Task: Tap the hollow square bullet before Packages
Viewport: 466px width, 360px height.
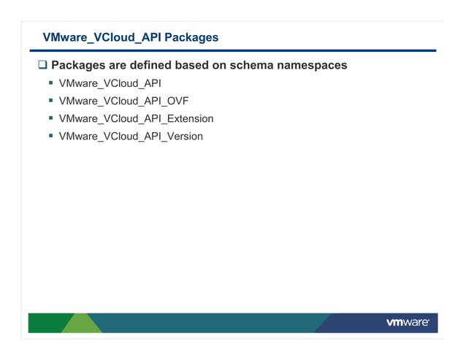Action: pos(42,66)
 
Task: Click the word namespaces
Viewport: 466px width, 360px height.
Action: pos(312,65)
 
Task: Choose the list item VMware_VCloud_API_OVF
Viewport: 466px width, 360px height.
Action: pos(123,101)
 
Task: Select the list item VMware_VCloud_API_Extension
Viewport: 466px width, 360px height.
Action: pos(136,118)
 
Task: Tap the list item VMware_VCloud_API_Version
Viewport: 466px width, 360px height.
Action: pos(131,136)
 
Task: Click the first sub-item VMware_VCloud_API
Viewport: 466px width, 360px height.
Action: pos(110,83)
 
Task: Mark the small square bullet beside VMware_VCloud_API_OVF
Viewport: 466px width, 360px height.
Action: pos(51,101)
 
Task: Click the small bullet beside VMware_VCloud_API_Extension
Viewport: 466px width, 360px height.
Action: pos(51,118)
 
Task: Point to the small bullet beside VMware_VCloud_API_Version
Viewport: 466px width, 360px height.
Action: pos(51,136)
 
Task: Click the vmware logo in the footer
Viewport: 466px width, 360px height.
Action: pos(407,323)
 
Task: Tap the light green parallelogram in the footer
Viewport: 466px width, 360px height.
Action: pos(81,323)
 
